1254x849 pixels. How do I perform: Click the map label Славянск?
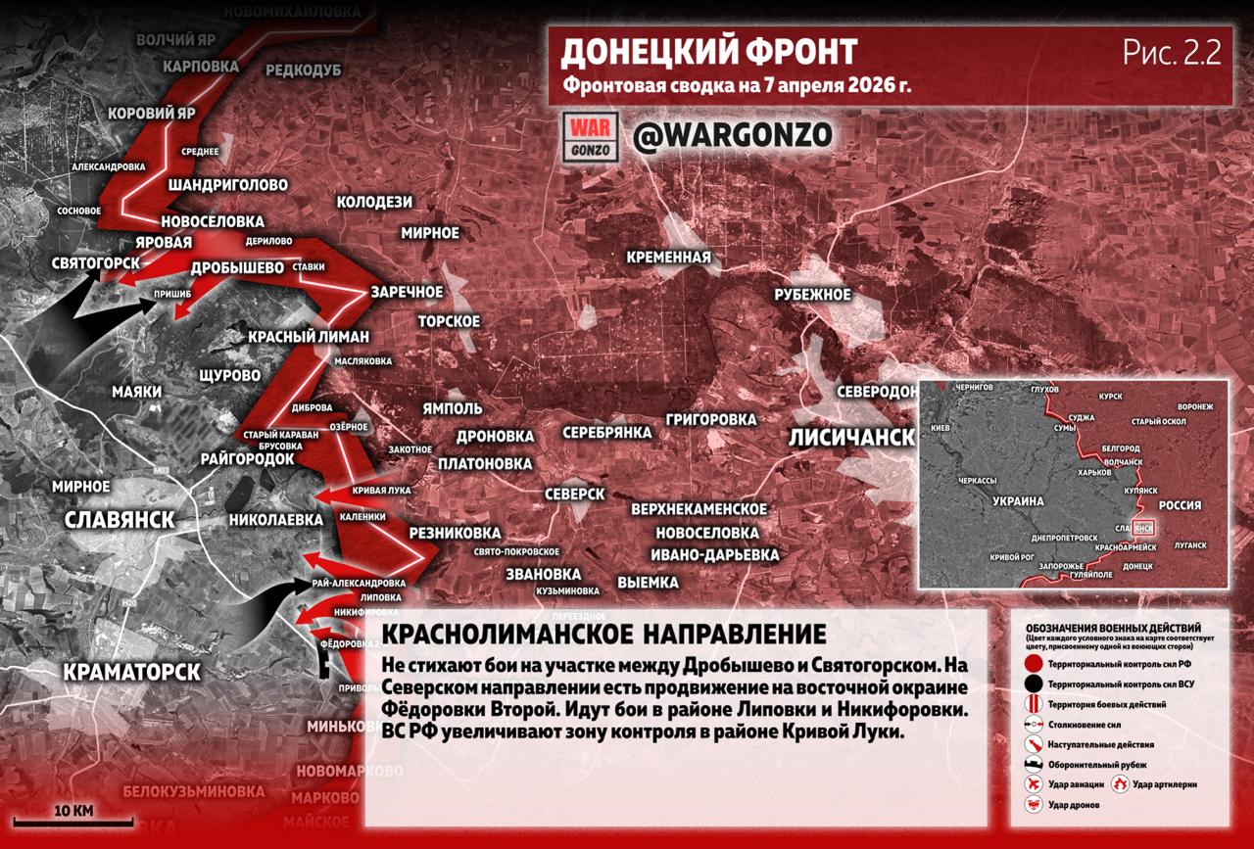coord(120,519)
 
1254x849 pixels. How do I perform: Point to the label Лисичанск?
coord(850,437)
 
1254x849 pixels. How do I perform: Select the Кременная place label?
coord(668,258)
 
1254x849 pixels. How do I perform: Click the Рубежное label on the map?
coord(812,294)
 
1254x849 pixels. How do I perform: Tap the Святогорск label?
coord(95,263)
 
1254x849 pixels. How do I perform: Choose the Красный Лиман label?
coord(308,337)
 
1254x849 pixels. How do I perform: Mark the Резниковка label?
coord(454,533)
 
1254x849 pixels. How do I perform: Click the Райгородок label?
coord(247,458)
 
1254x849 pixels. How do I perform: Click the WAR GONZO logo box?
coord(591,136)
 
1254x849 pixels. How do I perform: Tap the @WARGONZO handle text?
coord(732,135)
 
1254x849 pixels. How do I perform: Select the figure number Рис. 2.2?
coord(1172,54)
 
